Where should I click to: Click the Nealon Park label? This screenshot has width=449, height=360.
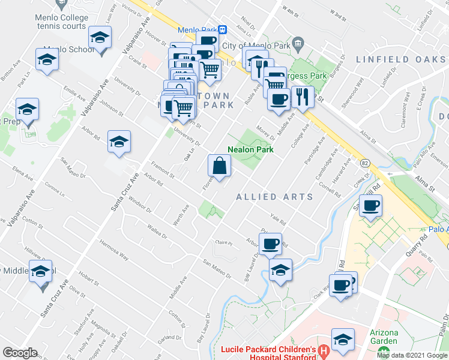251,149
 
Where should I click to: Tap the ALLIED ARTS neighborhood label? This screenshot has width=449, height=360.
275,197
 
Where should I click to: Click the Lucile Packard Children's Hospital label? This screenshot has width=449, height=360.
268,353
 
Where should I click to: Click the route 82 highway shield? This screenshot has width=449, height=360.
365,163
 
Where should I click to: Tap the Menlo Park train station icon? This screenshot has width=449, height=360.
222,29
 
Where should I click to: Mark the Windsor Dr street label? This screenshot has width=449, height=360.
140,204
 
